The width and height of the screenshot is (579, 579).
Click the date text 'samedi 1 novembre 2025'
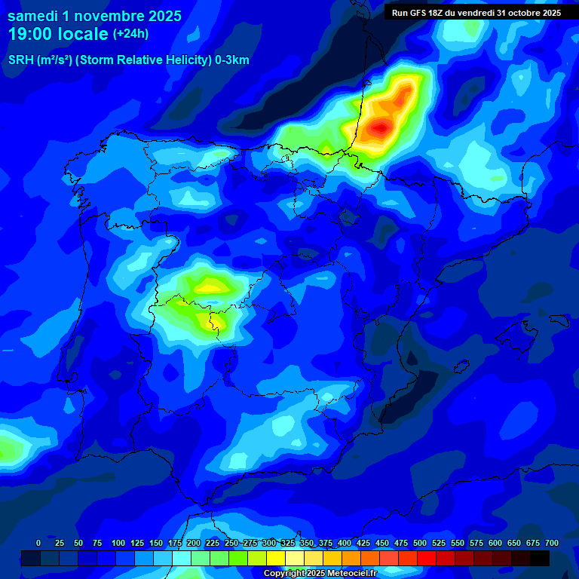click(x=94, y=16)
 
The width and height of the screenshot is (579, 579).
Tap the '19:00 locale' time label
click(x=58, y=34)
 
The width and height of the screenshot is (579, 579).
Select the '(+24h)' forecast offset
click(x=130, y=34)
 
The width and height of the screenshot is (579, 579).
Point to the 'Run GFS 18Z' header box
click(x=476, y=12)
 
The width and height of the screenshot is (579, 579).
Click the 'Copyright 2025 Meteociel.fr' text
click(x=320, y=573)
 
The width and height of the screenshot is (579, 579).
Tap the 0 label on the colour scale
click(x=38, y=543)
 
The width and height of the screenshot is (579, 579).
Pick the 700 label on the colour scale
click(x=551, y=543)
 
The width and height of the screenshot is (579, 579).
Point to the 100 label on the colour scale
click(x=118, y=543)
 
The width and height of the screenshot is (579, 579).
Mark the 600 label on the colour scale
click(x=495, y=543)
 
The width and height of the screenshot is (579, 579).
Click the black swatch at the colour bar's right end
click(x=540, y=558)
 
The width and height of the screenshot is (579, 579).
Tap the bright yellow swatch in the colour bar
click(x=276, y=558)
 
